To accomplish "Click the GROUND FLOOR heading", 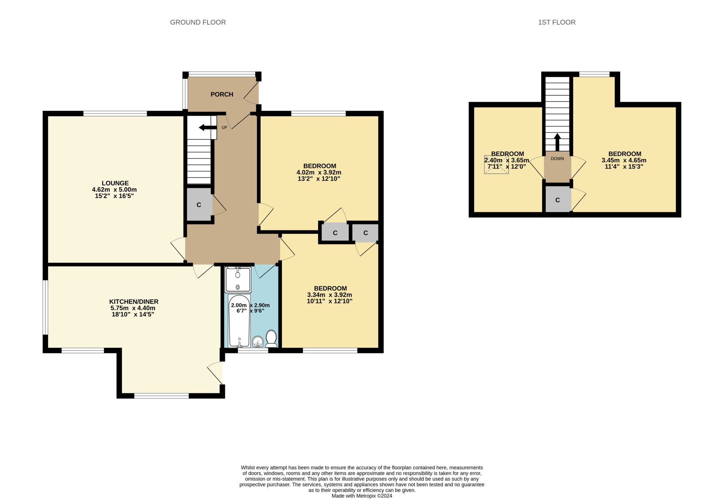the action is click(x=198, y=22).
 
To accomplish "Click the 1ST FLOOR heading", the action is click(x=557, y=22).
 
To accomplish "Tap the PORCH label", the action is click(x=222, y=95).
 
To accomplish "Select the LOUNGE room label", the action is click(x=115, y=183).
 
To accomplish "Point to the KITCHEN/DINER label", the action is click(x=134, y=302).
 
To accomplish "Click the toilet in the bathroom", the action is click(x=271, y=339).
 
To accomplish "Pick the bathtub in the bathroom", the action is click(x=239, y=321).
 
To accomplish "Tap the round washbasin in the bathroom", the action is click(x=258, y=341).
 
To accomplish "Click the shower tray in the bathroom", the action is click(x=238, y=280).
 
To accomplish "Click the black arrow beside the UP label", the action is click(x=207, y=127).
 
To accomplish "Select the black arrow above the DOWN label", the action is click(x=557, y=142).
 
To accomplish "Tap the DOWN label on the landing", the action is click(x=557, y=159).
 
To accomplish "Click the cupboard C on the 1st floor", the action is click(x=557, y=200).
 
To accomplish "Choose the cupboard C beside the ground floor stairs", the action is click(x=199, y=205).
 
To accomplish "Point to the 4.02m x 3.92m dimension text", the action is click(x=319, y=172).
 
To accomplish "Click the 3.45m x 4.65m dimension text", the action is click(x=624, y=160).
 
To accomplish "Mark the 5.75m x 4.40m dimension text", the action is click(x=133, y=308).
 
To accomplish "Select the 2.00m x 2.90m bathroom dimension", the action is click(x=251, y=305).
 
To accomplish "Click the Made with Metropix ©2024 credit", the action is click(x=362, y=496).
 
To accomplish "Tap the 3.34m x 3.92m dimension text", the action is click(x=329, y=295).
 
